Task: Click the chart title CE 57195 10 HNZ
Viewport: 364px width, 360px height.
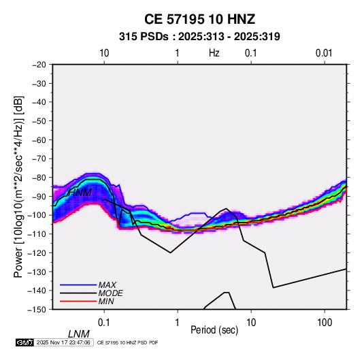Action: [x=199, y=19]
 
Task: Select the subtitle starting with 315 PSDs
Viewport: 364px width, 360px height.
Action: [x=199, y=37]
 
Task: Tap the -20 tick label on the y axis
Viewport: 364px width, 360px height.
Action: [x=39, y=65]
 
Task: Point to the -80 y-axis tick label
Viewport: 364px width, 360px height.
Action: [x=39, y=178]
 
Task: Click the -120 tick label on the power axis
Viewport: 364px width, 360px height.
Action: [x=37, y=252]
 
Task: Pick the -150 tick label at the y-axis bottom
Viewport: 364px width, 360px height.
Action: [x=37, y=310]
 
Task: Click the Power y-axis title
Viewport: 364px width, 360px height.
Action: [x=18, y=186]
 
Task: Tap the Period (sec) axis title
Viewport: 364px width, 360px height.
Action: [x=214, y=330]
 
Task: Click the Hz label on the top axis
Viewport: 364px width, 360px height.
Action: [x=214, y=53]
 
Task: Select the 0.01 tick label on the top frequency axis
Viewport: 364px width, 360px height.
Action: [x=324, y=53]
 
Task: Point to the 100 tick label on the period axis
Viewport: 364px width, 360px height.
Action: [x=325, y=323]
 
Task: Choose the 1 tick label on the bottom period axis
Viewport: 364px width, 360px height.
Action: [x=178, y=323]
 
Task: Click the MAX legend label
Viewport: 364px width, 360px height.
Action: [x=107, y=284]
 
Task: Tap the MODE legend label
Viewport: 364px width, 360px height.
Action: [x=110, y=293]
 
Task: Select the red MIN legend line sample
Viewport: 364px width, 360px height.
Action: [x=78, y=301]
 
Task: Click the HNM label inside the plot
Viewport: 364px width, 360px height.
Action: [x=80, y=193]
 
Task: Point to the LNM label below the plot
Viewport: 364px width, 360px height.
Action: [x=79, y=334]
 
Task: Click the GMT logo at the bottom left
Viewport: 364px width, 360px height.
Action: [x=25, y=342]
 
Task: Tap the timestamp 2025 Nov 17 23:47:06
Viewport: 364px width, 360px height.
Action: [x=63, y=342]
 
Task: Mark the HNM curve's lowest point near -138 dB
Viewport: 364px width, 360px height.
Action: [x=274, y=288]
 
